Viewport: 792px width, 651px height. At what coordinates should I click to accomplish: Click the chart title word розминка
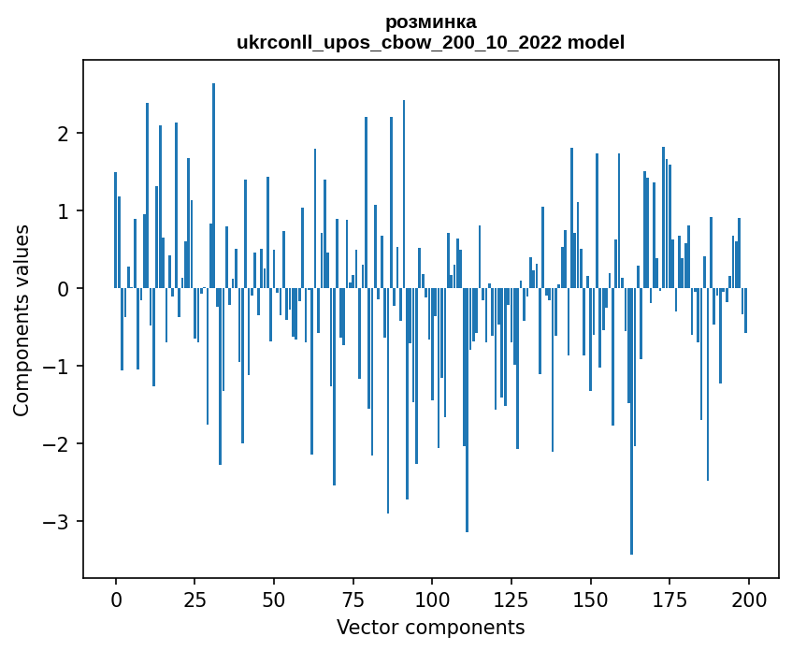coord(430,22)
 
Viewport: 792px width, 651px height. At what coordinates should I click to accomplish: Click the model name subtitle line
coord(430,42)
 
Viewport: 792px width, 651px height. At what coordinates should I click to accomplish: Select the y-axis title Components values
coord(21,320)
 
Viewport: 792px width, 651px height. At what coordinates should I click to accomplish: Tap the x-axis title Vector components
coord(430,627)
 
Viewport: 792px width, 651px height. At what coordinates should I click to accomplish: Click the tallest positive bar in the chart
coord(213,187)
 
